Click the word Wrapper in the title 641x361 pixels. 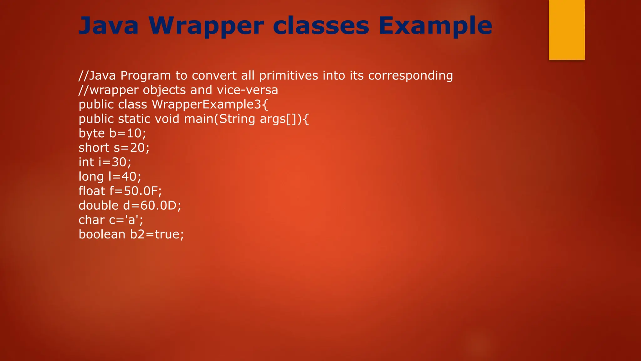206,26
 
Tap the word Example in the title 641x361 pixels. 435,26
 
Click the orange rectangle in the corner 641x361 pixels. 567,30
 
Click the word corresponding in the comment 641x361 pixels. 410,76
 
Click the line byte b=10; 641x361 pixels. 112,133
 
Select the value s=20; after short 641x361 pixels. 131,148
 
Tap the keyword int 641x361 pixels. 86,162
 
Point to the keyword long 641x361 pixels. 91,176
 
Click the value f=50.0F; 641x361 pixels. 136,191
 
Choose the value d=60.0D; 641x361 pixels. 152,205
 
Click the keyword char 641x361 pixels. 91,220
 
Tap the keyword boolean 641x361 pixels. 102,234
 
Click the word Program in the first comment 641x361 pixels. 146,76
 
